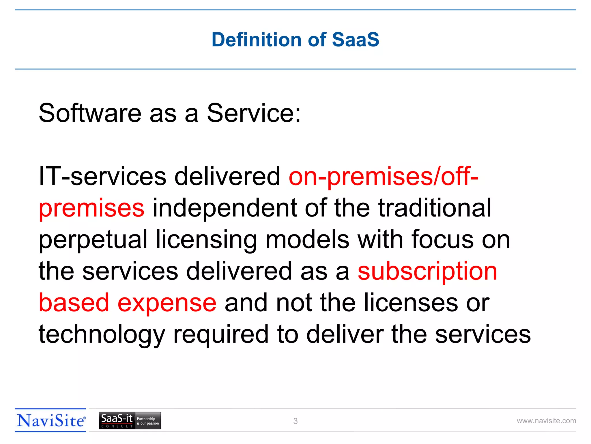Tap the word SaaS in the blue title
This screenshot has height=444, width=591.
[356, 40]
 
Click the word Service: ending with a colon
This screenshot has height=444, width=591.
[254, 113]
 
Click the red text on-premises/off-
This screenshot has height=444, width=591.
[384, 177]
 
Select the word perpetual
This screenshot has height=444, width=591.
[93, 240]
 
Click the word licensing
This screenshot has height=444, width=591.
[206, 240]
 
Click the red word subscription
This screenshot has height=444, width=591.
[427, 272]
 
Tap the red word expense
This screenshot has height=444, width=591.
[167, 303]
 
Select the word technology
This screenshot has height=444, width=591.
[102, 335]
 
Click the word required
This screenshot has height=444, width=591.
[221, 335]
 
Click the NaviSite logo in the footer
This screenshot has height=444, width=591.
[51, 421]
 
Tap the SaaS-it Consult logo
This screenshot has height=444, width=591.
[130, 421]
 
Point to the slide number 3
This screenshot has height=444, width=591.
[295, 421]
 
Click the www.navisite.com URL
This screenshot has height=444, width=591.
[546, 421]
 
